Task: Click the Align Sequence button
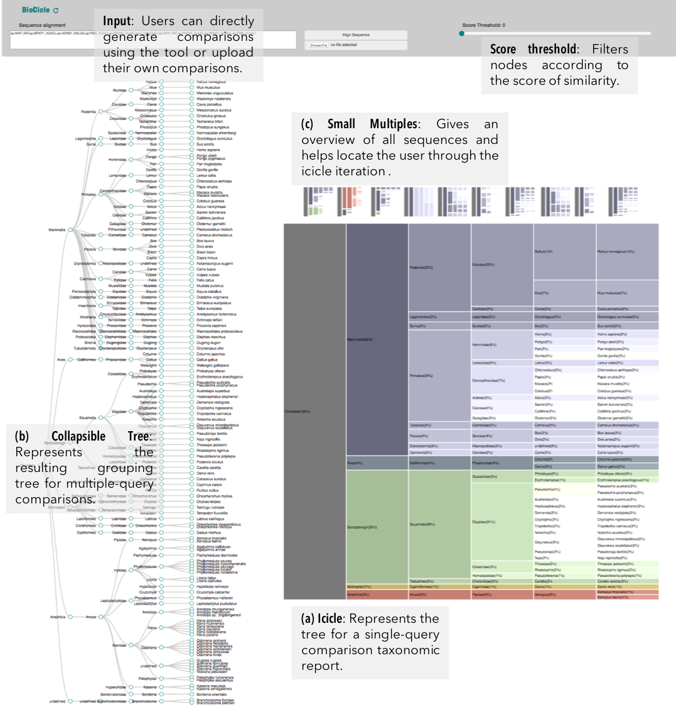point(356,35)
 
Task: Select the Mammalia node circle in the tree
point(71,230)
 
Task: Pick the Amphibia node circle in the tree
point(71,617)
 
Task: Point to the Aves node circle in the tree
point(71,359)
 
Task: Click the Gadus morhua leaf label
point(208,532)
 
